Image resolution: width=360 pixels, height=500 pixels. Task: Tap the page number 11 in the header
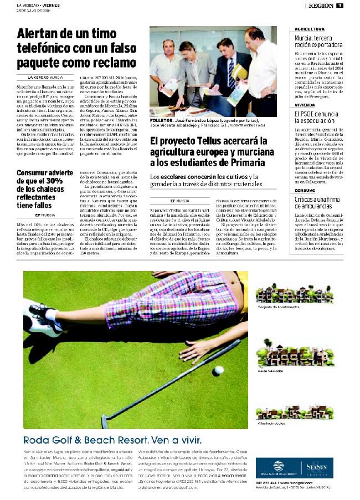click(x=338, y=6)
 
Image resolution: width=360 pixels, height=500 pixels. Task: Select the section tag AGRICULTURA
click(x=310, y=28)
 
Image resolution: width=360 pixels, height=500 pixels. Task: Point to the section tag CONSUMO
click(x=306, y=190)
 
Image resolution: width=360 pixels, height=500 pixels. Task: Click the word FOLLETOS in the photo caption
click(x=162, y=120)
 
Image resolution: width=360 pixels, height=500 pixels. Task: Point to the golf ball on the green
click(x=218, y=370)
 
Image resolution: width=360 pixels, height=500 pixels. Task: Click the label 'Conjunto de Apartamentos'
click(x=279, y=307)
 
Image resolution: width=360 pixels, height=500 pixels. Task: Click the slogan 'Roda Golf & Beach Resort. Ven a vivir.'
click(x=112, y=440)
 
